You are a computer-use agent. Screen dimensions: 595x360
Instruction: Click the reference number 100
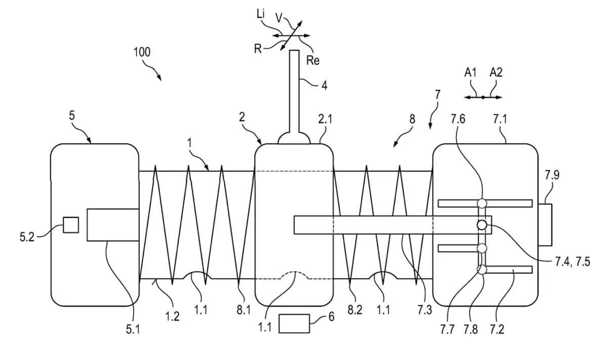coord(142,52)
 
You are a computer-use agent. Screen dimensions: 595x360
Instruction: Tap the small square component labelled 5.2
coord(71,225)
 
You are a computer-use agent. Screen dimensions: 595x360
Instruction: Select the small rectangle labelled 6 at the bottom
coord(294,324)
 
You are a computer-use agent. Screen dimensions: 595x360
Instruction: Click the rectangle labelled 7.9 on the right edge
coord(545,224)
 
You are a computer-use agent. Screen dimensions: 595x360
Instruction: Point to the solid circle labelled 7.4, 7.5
coord(482,225)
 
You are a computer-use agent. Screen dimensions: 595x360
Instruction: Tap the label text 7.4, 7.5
coord(569,262)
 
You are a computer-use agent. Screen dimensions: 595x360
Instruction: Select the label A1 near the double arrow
coord(471,72)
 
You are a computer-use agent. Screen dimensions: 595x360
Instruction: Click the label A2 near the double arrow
coord(496,72)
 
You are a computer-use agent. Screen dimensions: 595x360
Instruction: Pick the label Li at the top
coord(261,14)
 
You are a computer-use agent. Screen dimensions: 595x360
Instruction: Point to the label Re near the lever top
coord(313,60)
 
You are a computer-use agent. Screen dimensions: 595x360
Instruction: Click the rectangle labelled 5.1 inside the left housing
coord(113,224)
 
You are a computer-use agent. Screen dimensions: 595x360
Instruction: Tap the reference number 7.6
coord(458,119)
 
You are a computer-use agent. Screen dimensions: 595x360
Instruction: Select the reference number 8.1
coord(244,310)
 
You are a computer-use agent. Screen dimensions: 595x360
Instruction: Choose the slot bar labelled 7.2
coord(508,269)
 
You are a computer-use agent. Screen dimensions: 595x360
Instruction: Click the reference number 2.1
coord(325,119)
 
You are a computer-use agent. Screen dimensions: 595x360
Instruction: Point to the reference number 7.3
coord(424,310)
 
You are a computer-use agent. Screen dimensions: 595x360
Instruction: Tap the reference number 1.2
coord(172,316)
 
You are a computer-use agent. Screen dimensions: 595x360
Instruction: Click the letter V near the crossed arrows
coord(279,17)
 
